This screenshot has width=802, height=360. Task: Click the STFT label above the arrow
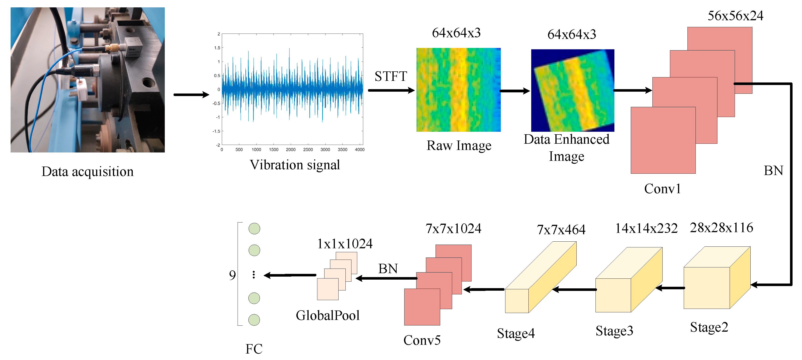(390, 76)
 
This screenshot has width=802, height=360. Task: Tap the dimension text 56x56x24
(735, 16)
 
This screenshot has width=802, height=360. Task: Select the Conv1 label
(662, 189)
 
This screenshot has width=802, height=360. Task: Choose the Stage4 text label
(516, 333)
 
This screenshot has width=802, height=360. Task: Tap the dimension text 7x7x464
(561, 230)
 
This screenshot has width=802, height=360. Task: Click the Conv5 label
(422, 340)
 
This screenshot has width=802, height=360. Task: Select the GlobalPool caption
(327, 315)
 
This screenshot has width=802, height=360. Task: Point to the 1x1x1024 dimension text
(344, 244)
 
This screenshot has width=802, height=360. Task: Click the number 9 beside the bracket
(232, 275)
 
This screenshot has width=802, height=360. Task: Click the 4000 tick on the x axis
(360, 150)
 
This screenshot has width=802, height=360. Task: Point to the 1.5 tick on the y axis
(217, 48)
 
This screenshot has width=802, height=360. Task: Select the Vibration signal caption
(295, 165)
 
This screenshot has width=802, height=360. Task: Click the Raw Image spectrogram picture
(458, 90)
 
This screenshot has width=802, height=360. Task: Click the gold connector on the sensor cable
(112, 48)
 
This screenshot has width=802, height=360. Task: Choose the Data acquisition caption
(88, 171)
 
